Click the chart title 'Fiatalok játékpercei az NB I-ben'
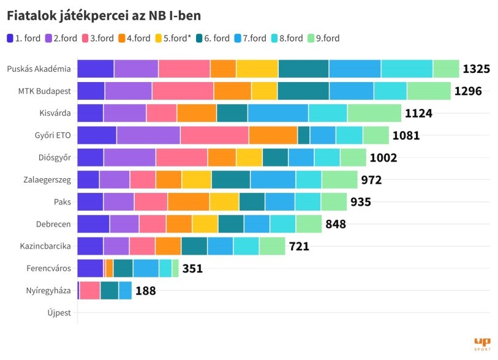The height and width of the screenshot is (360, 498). point(104,15)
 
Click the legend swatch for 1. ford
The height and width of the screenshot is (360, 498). point(11,38)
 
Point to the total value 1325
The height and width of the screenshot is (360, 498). point(476,69)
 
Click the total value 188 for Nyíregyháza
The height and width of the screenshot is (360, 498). point(145,290)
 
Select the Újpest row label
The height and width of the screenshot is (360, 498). point(59,313)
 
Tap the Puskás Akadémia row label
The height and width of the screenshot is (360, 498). point(39,69)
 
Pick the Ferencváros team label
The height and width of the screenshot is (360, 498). point(48,268)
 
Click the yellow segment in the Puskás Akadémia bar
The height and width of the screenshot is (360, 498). point(257,69)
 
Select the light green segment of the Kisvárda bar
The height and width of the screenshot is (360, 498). point(374,113)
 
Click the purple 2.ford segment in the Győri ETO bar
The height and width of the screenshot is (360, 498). point(148,135)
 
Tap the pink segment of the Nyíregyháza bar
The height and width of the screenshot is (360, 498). point(90,290)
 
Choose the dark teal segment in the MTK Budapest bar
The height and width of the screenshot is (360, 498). point(303,91)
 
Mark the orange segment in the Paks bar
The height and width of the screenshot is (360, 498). point(189,201)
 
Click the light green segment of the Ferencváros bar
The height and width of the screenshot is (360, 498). point(175,268)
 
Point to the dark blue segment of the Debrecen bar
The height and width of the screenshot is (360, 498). point(93,224)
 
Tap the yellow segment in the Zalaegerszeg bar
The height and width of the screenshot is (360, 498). point(196,179)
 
